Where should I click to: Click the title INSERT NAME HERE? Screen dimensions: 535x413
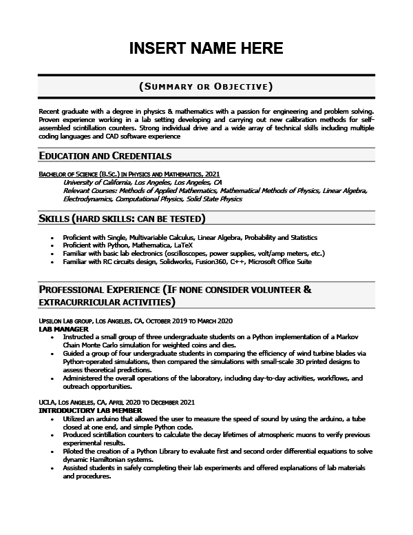[x=206, y=48]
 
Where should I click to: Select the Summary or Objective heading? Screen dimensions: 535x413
[x=206, y=86]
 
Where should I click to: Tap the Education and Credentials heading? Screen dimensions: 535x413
[x=105, y=156]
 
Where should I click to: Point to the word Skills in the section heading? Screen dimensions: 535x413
[x=54, y=219]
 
